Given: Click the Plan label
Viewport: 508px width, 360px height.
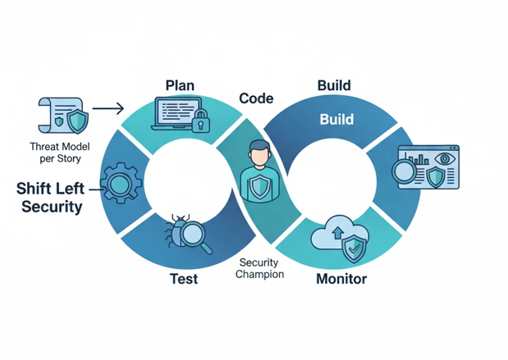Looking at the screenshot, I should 180,86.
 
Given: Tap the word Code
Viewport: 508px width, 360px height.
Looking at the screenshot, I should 256,98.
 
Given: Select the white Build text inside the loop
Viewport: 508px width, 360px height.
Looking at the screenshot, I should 336,120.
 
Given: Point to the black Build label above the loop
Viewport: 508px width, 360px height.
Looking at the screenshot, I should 334,85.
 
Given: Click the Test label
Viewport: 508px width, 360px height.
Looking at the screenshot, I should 183,279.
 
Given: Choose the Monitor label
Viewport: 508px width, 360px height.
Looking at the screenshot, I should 341,279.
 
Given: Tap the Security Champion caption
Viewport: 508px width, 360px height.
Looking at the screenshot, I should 259,268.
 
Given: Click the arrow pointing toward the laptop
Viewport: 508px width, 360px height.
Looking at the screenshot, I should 108,107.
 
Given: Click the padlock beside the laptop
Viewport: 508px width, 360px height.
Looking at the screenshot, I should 201,123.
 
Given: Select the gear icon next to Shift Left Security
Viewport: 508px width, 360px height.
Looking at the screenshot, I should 121,183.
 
